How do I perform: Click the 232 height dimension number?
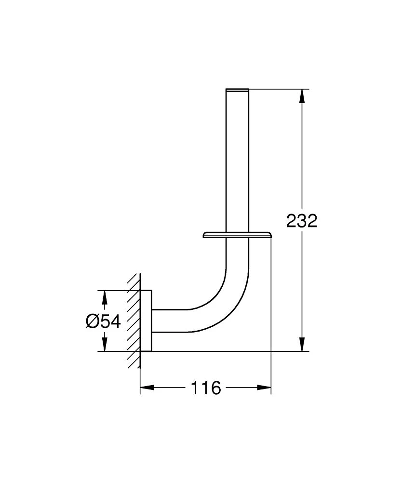302,221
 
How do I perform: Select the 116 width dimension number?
206,388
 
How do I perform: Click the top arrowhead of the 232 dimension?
302,95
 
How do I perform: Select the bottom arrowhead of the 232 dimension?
302,345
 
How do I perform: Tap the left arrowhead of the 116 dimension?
147,388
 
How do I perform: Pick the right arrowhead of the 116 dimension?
265,388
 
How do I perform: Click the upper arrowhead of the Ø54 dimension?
104,297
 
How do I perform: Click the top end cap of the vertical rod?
237,90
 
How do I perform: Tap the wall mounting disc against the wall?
147,321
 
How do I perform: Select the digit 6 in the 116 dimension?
215,388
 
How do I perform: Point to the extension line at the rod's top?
275,89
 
